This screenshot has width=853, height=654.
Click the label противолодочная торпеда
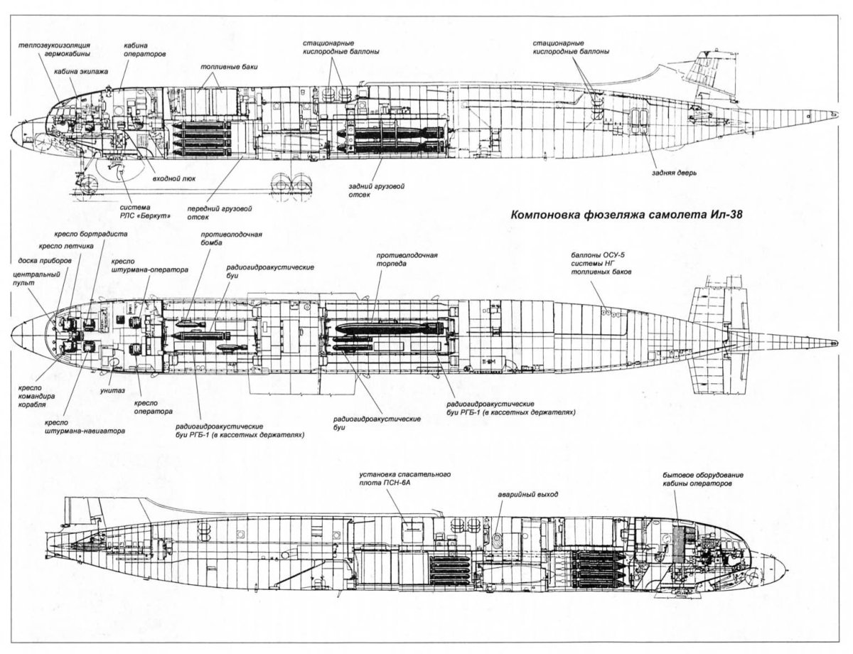point(407,258)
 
